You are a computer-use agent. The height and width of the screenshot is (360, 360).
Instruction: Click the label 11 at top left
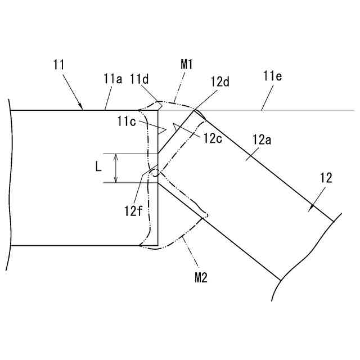[60, 66]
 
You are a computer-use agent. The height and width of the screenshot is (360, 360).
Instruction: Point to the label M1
[187, 65]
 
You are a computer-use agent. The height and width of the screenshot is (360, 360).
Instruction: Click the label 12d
[220, 82]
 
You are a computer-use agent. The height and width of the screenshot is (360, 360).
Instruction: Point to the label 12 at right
[326, 179]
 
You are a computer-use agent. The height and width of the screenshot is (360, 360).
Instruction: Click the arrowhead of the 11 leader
[82, 107]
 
